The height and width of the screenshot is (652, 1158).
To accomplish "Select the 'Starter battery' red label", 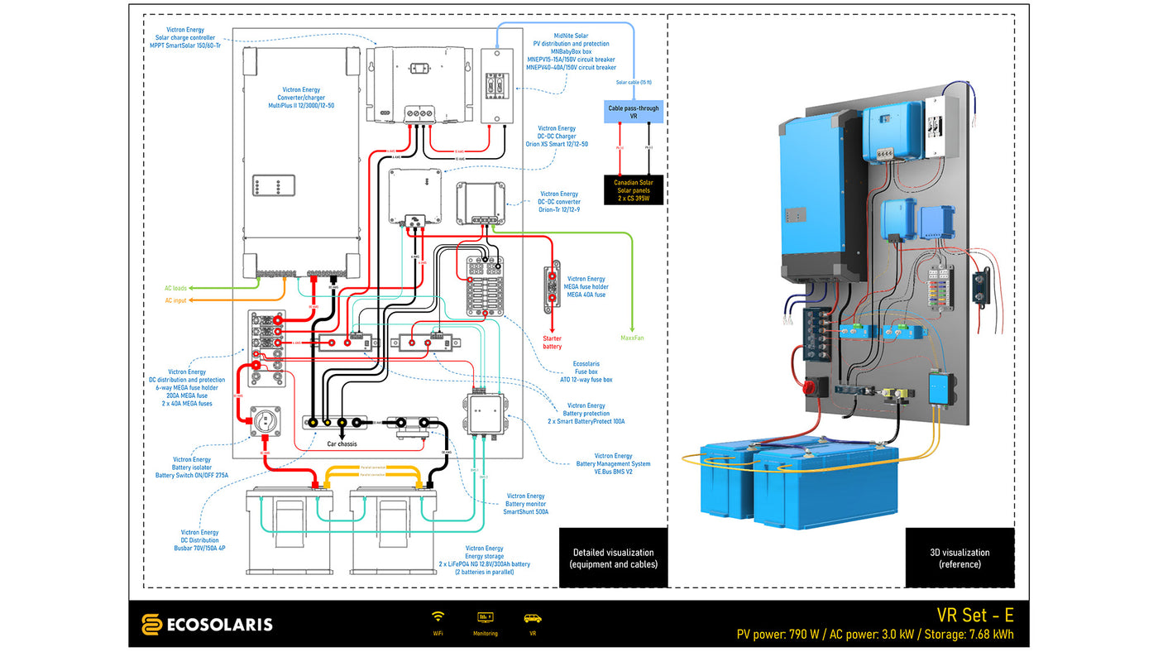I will click(x=552, y=342).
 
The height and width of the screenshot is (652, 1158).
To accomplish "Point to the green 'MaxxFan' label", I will click(x=632, y=338).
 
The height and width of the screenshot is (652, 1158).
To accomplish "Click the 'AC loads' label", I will click(x=175, y=288).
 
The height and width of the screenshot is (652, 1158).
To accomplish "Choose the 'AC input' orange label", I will click(x=175, y=300).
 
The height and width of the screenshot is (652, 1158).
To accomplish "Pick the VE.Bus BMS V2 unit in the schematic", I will click(x=485, y=414).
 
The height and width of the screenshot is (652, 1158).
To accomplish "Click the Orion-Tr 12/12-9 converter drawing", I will click(x=481, y=203).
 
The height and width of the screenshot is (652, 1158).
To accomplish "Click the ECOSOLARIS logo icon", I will click(x=151, y=624).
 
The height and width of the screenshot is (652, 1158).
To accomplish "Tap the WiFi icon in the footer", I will click(x=438, y=617).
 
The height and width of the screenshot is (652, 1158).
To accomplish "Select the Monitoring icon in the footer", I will click(x=486, y=617).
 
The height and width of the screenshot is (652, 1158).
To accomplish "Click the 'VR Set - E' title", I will click(x=974, y=616).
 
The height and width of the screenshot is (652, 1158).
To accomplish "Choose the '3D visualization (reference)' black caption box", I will click(x=959, y=558).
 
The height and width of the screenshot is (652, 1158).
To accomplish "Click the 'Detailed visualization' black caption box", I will click(x=613, y=558).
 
